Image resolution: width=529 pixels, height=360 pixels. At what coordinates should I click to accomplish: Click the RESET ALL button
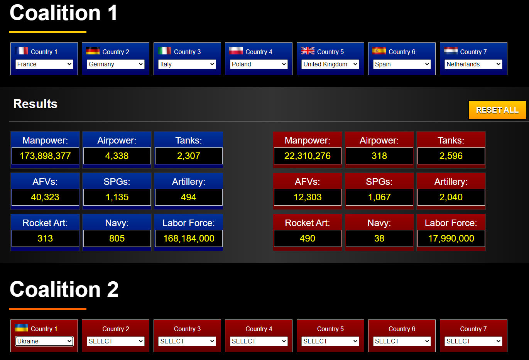point(497,110)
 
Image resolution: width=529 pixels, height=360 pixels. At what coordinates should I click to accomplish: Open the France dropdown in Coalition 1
point(44,64)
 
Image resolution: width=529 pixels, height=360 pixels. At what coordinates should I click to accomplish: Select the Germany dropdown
point(116,64)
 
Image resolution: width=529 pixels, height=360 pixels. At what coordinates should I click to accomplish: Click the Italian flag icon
point(164,51)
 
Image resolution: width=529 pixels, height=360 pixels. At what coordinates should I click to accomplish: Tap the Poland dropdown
point(259,64)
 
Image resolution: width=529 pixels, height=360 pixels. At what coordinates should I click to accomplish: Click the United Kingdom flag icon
point(308,51)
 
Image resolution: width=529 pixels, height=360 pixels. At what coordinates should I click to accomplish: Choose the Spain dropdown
point(402,64)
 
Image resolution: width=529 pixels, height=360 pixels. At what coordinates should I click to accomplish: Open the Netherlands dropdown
point(473,64)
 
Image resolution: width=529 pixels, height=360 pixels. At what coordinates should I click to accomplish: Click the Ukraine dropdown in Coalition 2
point(44,341)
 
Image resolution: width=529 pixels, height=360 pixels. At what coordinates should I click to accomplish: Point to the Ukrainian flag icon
point(22,328)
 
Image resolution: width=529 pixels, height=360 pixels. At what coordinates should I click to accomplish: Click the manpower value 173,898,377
point(45,156)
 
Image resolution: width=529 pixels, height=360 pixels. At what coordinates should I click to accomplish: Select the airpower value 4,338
point(117,156)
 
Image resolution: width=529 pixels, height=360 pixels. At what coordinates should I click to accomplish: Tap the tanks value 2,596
point(451,156)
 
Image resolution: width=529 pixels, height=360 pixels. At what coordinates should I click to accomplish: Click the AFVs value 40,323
point(45,197)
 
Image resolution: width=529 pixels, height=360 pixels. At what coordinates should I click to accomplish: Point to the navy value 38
point(379,238)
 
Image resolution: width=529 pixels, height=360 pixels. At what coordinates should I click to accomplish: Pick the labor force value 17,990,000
point(451,238)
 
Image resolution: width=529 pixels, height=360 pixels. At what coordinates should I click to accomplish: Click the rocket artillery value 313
point(45,238)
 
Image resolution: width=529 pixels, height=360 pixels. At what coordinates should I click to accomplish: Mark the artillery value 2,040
point(451,197)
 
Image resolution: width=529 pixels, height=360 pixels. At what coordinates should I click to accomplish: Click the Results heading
point(35,104)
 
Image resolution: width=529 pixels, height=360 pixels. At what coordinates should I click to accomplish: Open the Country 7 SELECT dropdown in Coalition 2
point(473,341)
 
